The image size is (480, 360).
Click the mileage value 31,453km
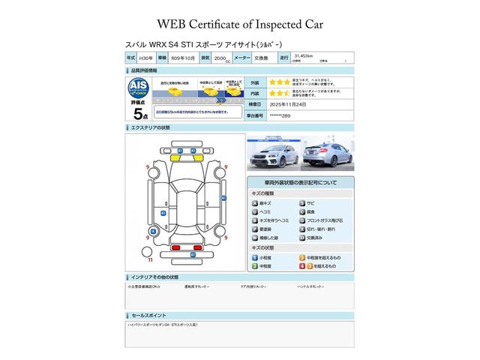click(x=304, y=55)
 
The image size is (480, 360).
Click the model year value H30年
click(x=146, y=58)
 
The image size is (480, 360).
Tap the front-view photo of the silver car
click(x=272, y=155)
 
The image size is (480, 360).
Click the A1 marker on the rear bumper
click(x=192, y=255)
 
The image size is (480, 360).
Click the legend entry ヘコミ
click(x=265, y=212)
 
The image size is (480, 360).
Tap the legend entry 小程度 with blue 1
click(x=264, y=257)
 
